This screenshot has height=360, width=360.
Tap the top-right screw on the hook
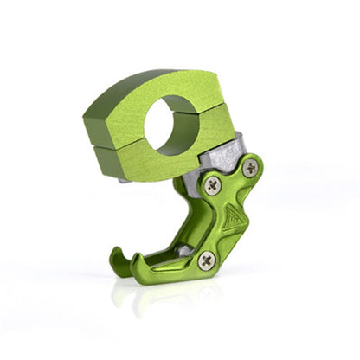(250, 169)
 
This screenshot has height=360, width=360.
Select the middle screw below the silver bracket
(213, 183)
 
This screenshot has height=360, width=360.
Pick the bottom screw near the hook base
(206, 260)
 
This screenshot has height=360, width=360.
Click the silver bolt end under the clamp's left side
(126, 180)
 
